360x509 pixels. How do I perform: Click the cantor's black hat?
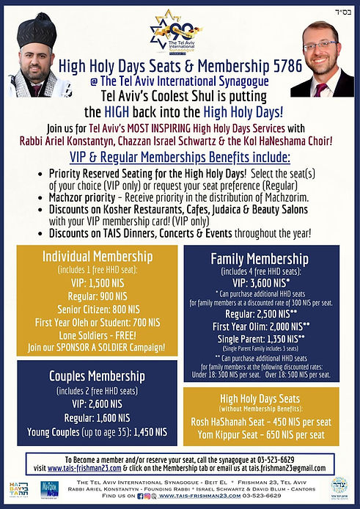point(37,29)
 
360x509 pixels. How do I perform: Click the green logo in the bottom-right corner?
point(340,489)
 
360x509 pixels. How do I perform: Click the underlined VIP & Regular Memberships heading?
point(180,158)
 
